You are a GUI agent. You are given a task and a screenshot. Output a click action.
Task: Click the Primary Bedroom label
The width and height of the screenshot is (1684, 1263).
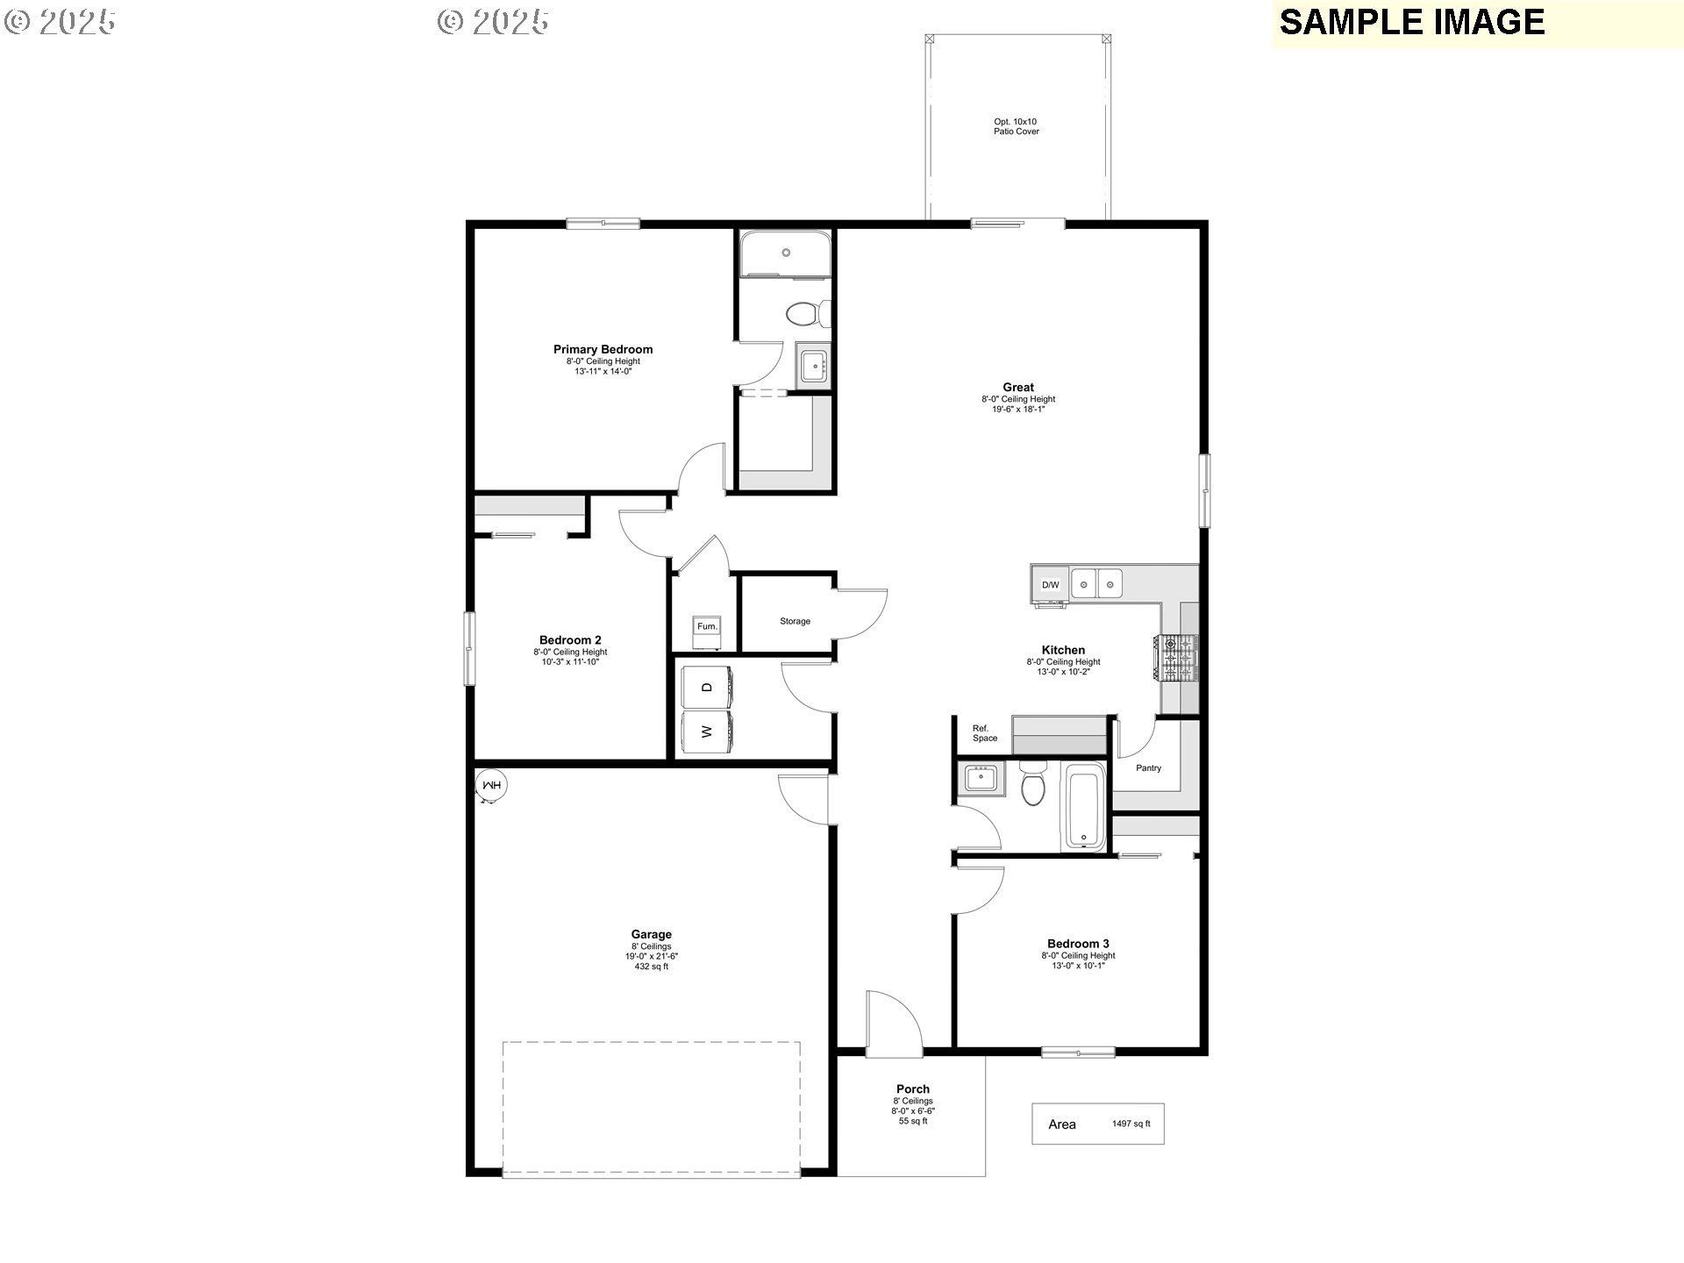point(603,349)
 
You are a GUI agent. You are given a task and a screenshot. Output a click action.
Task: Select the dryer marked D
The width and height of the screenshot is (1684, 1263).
point(708,687)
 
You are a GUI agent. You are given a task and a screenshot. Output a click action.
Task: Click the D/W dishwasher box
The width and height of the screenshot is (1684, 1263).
point(1050,585)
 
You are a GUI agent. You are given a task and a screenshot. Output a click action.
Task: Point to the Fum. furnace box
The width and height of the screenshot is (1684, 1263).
point(707,626)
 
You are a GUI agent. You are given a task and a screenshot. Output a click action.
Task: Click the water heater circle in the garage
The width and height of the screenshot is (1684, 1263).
point(492,786)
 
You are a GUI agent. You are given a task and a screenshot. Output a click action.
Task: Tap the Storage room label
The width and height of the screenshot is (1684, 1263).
point(795,621)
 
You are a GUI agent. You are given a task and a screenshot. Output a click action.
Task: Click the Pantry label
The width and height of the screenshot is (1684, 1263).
point(1148,768)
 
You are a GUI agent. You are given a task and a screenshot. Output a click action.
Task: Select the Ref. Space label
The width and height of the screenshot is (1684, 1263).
point(984,733)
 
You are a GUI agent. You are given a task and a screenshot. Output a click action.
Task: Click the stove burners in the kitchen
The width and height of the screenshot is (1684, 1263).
point(1179,658)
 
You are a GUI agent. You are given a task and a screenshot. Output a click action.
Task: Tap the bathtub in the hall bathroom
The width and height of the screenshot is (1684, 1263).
point(1084,807)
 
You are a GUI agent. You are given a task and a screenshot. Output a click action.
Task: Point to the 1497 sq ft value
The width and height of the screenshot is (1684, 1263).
point(1131,1124)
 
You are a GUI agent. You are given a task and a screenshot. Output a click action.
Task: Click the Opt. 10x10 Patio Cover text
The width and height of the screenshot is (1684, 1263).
point(1016,126)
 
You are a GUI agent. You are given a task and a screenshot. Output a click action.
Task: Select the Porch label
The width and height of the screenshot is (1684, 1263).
point(912,1089)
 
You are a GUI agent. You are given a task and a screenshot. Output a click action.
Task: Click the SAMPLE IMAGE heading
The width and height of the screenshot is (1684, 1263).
point(1411,22)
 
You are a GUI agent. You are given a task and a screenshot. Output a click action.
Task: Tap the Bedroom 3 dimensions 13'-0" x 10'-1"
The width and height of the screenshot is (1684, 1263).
point(1078,966)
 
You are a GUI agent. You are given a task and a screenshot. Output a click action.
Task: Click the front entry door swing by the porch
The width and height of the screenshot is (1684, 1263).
point(890,1023)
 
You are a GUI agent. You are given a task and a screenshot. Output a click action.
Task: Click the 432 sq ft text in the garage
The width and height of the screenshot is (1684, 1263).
point(651,967)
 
